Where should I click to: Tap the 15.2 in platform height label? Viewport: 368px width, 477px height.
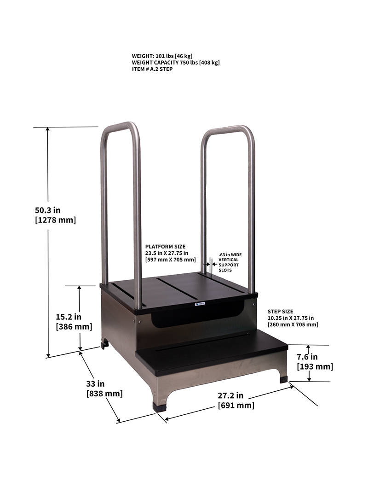(x=69, y=317)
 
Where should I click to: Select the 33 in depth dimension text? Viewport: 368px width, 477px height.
(x=95, y=383)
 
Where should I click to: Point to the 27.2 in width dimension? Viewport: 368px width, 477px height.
(x=230, y=395)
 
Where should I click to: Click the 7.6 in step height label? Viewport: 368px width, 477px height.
(x=307, y=357)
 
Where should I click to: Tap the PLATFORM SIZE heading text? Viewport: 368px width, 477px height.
(x=166, y=247)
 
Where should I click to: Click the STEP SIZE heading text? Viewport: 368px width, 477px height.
(x=280, y=312)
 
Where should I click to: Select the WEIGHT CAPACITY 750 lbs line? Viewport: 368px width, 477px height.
(x=175, y=62)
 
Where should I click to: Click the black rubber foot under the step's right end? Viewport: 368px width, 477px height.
(x=282, y=380)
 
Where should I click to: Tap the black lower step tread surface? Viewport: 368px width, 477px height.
(x=212, y=353)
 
